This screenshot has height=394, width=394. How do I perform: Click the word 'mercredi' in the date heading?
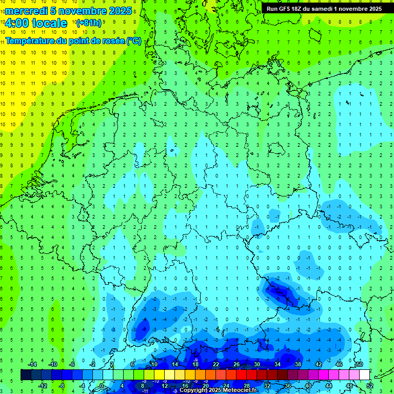pyautogui.click(x=26, y=11)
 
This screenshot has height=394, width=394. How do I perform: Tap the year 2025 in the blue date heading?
pyautogui.click(x=119, y=11)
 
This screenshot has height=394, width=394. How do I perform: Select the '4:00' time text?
pyautogui.click(x=16, y=23)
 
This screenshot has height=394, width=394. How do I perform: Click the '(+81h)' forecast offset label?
pyautogui.click(x=89, y=23)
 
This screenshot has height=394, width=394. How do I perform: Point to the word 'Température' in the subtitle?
pyautogui.click(x=31, y=41)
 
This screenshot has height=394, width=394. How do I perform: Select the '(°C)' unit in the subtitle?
pyautogui.click(x=134, y=41)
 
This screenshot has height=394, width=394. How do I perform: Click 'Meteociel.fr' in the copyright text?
pyautogui.click(x=237, y=390)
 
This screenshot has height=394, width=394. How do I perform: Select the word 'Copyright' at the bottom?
pyautogui.click(x=194, y=390)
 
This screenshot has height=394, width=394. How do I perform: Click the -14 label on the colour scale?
pyautogui.click(x=32, y=364)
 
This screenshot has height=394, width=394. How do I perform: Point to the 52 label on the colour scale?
pyautogui.click(x=370, y=386)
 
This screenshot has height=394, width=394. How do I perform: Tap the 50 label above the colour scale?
pyautogui.click(x=360, y=364)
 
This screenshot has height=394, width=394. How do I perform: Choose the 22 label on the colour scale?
pyautogui.click(x=216, y=364)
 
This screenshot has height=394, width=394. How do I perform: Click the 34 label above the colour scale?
pyautogui.click(x=278, y=364)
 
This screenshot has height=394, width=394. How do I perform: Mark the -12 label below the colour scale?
pyautogui.click(x=43, y=386)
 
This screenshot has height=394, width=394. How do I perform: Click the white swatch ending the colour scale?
pyautogui.click(x=364, y=375)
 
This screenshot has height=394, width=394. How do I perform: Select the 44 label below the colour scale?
pyautogui.click(x=329, y=386)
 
